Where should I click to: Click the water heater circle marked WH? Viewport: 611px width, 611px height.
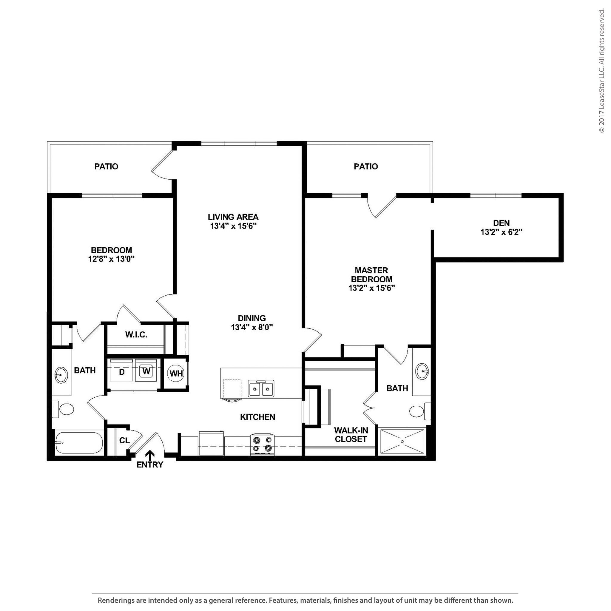176,374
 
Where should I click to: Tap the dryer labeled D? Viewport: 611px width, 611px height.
121,371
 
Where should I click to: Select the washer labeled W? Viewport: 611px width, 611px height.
146,370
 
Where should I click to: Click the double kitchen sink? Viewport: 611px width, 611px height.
261,389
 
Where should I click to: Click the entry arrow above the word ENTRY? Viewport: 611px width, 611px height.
150,455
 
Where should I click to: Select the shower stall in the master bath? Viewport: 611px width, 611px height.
402,442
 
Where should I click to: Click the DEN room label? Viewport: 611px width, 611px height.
501,223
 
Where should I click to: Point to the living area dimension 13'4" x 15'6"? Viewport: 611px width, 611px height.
233,226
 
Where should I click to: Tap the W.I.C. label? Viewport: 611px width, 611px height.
136,335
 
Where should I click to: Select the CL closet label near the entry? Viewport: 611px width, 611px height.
124,440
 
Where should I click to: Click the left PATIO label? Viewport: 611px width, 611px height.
106,166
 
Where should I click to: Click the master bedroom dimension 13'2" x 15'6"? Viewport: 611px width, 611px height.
372,288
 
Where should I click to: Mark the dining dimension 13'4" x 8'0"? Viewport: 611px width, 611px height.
252,327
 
